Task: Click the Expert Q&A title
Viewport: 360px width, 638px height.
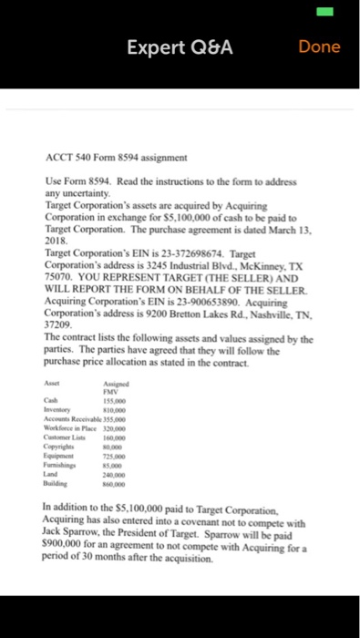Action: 179,46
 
